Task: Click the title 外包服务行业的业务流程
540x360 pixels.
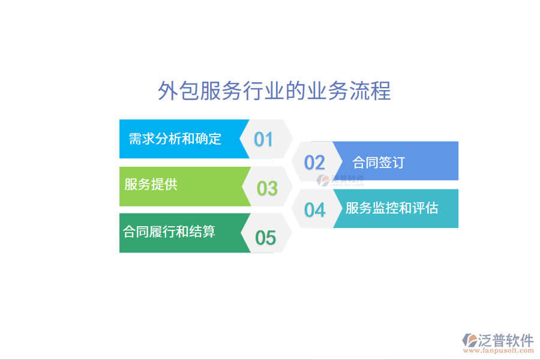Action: pyautogui.click(x=274, y=91)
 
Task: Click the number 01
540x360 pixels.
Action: pyautogui.click(x=263, y=139)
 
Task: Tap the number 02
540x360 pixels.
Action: pyautogui.click(x=314, y=162)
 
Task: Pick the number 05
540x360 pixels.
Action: pyautogui.click(x=265, y=238)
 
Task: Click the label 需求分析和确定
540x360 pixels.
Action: pyautogui.click(x=175, y=139)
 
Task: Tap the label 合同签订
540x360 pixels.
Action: pyautogui.click(x=379, y=162)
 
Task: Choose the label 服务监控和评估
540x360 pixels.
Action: pyautogui.click(x=392, y=208)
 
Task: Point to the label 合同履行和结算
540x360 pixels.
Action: pyautogui.click(x=169, y=232)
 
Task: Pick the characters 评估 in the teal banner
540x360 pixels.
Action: pyautogui.click(x=425, y=208)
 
